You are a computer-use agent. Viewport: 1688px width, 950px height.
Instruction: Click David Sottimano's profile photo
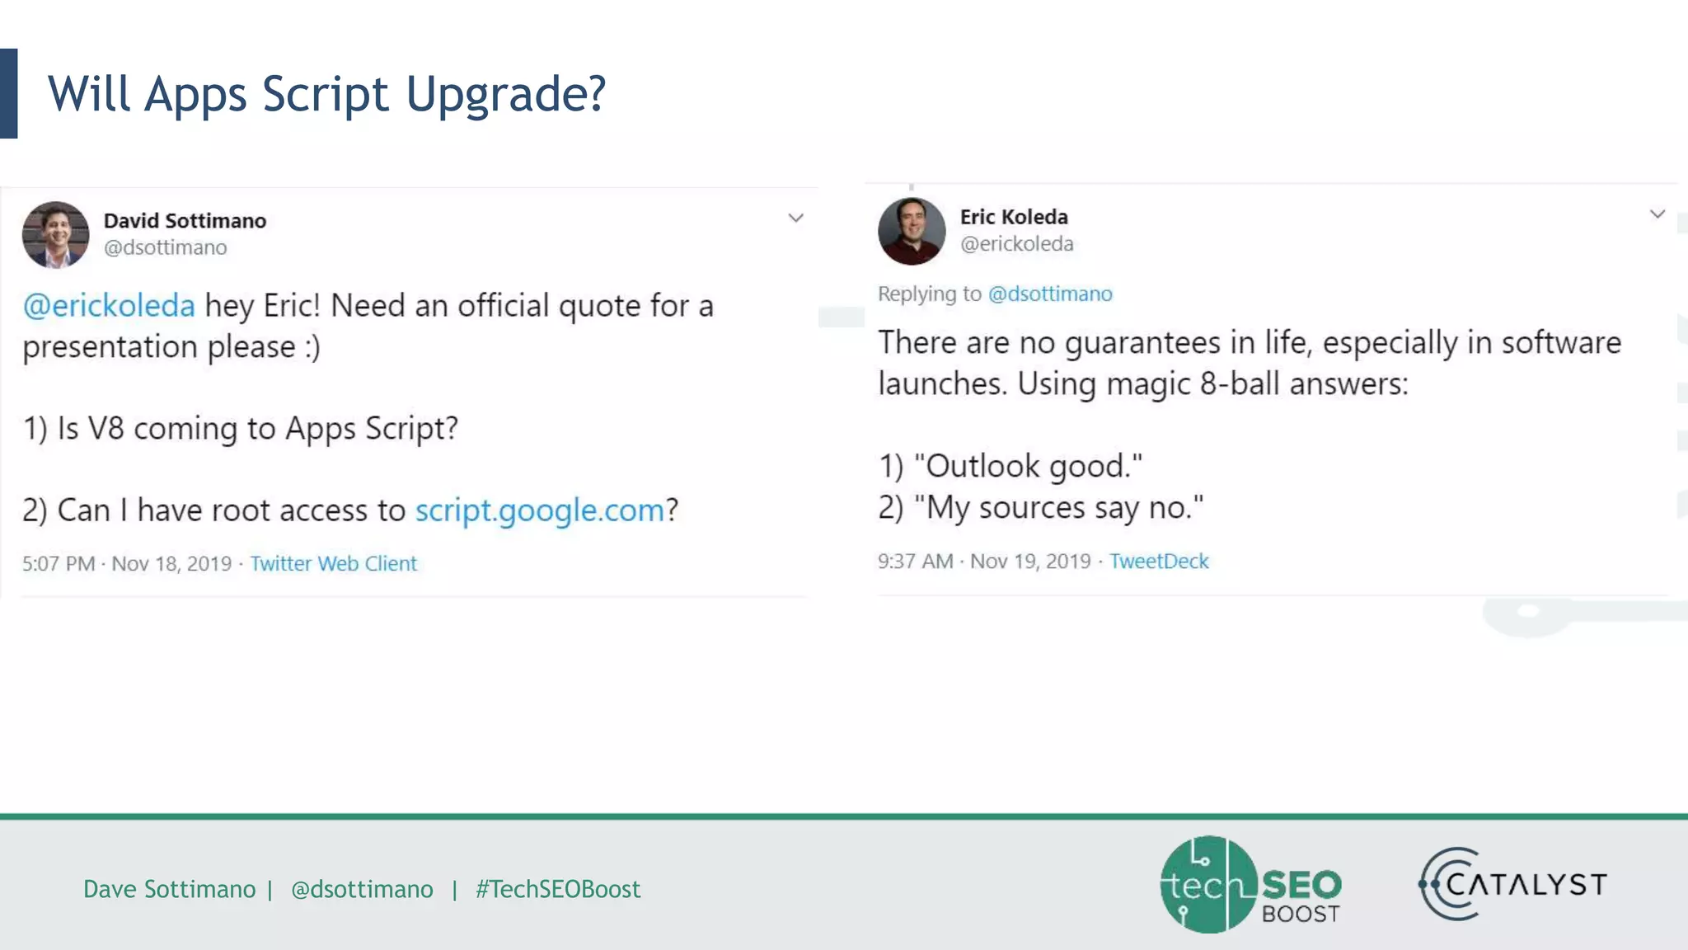(55, 235)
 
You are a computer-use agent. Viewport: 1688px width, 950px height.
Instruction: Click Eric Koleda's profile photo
(912, 231)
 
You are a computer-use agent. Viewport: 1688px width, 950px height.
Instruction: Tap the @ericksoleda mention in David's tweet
(109, 306)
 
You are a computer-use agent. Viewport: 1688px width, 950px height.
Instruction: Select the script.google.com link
(540, 510)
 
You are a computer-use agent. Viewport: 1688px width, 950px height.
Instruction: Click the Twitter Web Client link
(333, 564)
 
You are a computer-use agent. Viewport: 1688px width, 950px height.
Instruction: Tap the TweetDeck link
(1159, 562)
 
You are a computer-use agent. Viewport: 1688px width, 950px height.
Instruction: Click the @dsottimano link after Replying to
(1050, 294)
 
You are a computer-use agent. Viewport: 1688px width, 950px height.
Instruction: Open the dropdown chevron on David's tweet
(795, 219)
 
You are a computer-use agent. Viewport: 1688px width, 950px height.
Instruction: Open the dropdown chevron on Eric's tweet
(1658, 214)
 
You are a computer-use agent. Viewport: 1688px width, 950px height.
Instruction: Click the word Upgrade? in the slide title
(506, 94)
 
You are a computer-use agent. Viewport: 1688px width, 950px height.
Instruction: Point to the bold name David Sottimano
(185, 221)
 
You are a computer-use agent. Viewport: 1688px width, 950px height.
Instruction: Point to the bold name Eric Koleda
(1014, 217)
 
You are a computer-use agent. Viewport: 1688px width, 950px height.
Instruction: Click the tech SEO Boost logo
(1250, 885)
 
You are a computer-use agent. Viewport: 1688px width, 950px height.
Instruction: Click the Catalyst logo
(1512, 884)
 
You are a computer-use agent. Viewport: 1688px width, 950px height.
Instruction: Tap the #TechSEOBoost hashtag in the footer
(558, 889)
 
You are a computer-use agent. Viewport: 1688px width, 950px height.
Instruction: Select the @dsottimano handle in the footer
(362, 889)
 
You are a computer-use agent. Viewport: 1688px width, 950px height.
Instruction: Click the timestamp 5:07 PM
(59, 564)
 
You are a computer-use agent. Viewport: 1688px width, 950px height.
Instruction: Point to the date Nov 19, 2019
(1030, 562)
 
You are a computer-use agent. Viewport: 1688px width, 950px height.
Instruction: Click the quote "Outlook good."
(1028, 467)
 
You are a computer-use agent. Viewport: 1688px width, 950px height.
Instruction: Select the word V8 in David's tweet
(105, 429)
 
